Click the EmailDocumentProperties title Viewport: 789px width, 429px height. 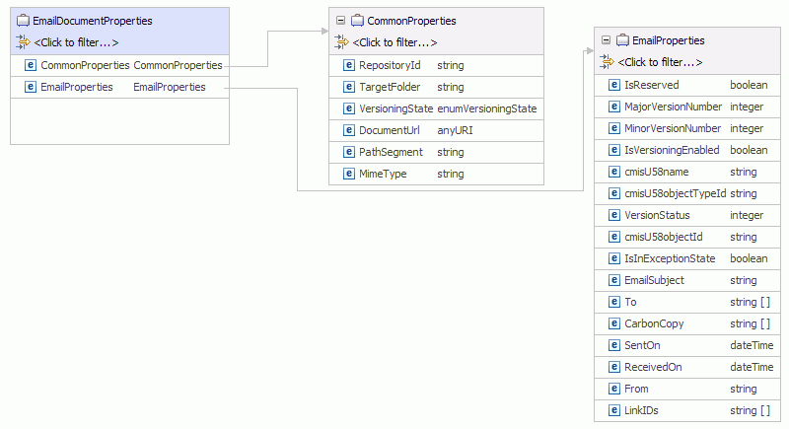point(93,21)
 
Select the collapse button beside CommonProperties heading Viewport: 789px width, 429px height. point(340,20)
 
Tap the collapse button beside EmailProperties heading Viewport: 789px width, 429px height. point(606,39)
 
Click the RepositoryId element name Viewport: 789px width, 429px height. point(390,65)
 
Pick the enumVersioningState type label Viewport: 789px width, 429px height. point(486,108)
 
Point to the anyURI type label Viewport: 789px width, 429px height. point(455,130)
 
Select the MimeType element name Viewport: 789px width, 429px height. point(383,174)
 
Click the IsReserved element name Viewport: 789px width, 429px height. point(651,85)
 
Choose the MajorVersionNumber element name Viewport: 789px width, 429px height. point(673,107)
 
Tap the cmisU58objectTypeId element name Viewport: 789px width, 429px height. point(676,193)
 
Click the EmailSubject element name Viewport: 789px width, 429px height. point(654,280)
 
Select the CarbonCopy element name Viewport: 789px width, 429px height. point(654,323)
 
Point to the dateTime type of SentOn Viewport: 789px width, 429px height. point(752,345)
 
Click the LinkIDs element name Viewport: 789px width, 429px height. point(641,410)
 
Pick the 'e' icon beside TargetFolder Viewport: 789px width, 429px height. point(349,87)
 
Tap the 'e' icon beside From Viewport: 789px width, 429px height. point(613,389)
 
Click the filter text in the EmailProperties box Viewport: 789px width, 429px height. point(660,62)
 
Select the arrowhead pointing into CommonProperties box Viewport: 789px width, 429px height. point(325,32)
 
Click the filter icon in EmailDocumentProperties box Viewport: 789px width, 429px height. point(23,42)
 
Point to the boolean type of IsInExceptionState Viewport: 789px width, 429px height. point(749,258)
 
